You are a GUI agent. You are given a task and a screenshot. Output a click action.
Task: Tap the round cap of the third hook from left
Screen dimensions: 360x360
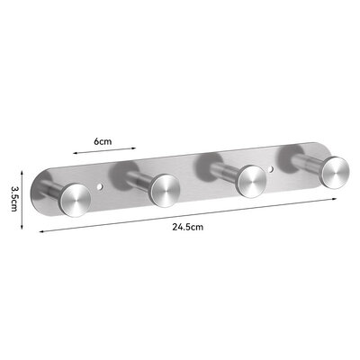pos(250,176)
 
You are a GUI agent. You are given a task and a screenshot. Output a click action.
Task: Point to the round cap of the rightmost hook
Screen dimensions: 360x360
pos(334,169)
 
